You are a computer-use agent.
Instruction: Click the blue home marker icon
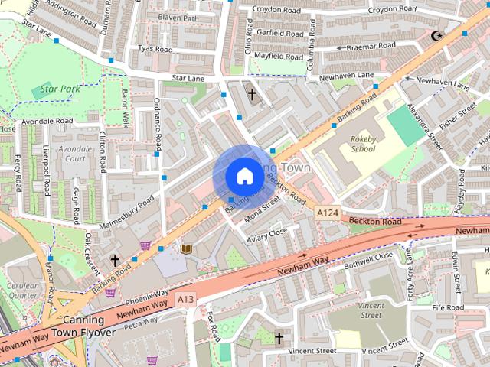coord(244,176)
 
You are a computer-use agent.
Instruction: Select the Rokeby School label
coord(363,144)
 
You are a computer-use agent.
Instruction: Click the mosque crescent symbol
coord(437,35)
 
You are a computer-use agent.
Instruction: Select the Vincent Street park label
coord(370,310)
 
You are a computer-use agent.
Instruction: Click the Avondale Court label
coord(74,154)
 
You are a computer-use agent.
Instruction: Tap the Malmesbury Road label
coord(127,212)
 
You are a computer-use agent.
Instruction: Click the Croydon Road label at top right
coord(391,9)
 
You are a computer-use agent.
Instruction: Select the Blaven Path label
coord(178,18)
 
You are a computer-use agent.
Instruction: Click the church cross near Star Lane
coord(252,95)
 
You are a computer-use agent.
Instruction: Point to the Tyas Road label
coord(154,50)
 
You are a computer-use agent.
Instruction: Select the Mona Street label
coord(263,211)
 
